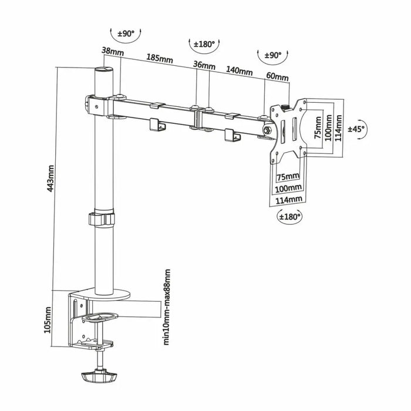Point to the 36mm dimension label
204,65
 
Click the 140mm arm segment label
239,71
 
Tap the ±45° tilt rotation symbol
356,129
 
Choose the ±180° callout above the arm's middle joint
206,43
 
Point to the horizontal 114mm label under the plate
288,200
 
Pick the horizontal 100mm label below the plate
288,188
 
